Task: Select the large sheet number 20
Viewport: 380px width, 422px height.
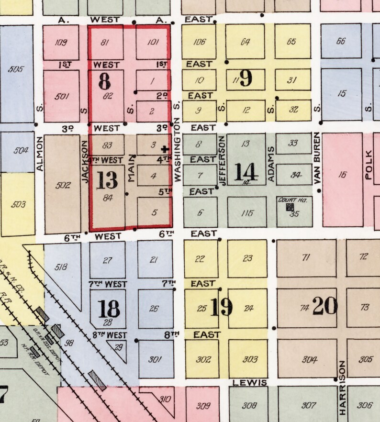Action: tap(325, 306)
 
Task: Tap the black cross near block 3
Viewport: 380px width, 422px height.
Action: tap(165, 149)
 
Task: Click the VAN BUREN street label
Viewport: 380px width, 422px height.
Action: tap(316, 158)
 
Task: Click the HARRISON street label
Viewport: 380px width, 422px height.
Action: tap(342, 388)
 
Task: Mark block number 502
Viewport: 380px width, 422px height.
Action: tap(63, 185)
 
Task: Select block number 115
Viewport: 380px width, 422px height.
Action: tap(246, 213)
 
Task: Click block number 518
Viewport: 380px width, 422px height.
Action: tap(61, 267)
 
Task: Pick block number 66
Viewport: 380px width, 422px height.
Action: tap(341, 41)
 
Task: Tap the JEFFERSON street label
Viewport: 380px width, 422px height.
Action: tap(222, 159)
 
